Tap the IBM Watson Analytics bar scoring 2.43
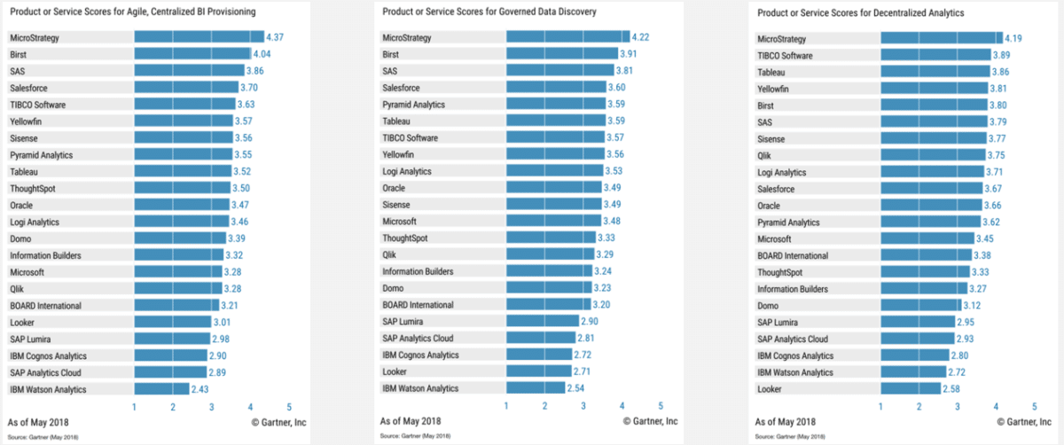(x=161, y=388)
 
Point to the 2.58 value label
(x=953, y=388)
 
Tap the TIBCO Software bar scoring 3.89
(x=935, y=55)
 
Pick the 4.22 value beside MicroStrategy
(x=642, y=38)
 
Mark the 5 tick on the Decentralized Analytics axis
(x=1034, y=407)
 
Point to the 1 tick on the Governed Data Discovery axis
(x=506, y=407)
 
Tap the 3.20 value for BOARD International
(x=603, y=305)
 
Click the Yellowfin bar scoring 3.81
(x=934, y=89)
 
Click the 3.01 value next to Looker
(x=223, y=322)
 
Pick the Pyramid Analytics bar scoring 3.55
(x=183, y=155)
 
